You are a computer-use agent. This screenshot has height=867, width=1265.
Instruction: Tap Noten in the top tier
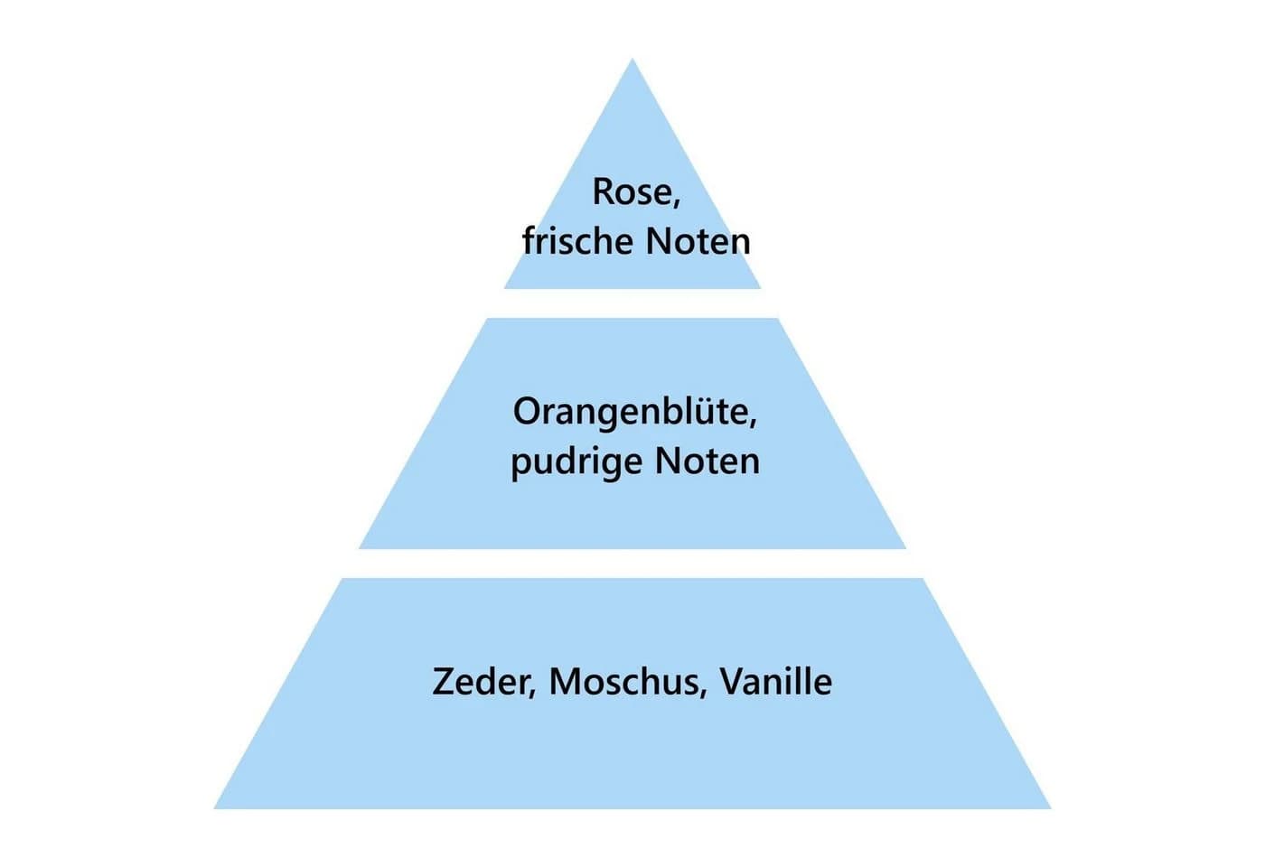pos(698,242)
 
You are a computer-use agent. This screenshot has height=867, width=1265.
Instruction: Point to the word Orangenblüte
pos(631,411)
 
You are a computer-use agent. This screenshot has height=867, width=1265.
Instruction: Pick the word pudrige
pos(576,462)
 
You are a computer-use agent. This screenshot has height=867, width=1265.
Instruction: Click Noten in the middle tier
pos(707,461)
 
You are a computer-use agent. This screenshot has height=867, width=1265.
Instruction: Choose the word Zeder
pos(481,682)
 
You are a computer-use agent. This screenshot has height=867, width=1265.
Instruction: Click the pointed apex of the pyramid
pos(632,58)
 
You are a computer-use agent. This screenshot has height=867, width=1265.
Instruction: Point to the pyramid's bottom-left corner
pos(214,808)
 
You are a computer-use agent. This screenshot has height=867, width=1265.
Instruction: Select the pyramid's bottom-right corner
pos(1051,808)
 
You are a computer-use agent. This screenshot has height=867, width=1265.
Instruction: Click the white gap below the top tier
pos(632,303)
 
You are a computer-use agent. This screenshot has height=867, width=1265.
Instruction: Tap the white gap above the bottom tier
pos(632,564)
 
